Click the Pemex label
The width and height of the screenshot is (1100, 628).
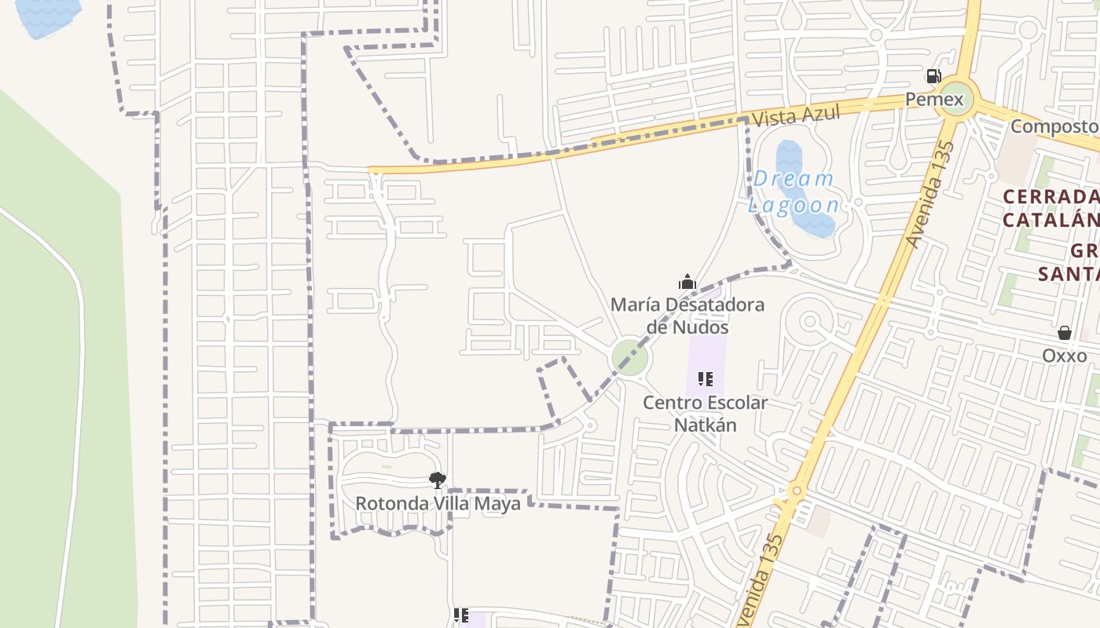pyautogui.click(x=933, y=100)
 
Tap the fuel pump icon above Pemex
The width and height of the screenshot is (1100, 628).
pyautogui.click(x=933, y=76)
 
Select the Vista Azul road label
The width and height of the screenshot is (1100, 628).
pyautogui.click(x=795, y=115)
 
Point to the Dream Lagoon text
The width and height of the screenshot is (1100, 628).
pyautogui.click(x=794, y=192)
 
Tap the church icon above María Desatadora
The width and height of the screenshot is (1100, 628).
pyautogui.click(x=687, y=282)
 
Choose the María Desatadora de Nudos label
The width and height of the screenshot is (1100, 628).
pyautogui.click(x=687, y=315)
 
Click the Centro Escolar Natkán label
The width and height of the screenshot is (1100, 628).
pyautogui.click(x=706, y=414)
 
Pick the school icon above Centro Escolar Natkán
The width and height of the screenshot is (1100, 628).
pyautogui.click(x=706, y=380)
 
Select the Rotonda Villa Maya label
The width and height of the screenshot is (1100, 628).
pyautogui.click(x=438, y=503)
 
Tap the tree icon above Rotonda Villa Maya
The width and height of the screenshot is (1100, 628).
pyautogui.click(x=438, y=480)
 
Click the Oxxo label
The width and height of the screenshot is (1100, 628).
pyautogui.click(x=1065, y=356)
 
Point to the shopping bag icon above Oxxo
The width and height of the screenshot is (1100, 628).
pyautogui.click(x=1065, y=333)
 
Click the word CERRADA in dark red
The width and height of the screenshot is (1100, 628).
pyautogui.click(x=1050, y=196)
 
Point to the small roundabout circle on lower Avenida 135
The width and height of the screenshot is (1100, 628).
pyautogui.click(x=797, y=491)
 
